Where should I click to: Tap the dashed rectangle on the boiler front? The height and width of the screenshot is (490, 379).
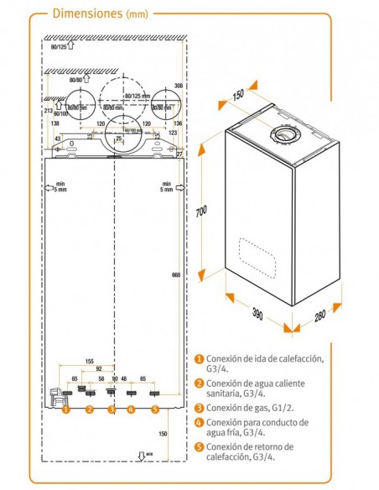(262, 252)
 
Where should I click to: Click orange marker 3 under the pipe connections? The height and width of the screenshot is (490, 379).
(111, 409)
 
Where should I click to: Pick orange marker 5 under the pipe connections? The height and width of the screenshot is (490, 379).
(155, 409)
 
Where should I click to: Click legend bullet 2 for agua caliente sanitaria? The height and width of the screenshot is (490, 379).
(199, 383)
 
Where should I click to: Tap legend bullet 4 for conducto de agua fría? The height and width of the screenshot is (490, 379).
(199, 422)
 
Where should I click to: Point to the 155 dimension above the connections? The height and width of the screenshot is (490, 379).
(89, 361)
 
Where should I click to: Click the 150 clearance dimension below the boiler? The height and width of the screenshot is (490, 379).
(163, 434)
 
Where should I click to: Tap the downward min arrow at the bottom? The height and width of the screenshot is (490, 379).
(140, 456)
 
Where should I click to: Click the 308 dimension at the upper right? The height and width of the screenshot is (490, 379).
(177, 86)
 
